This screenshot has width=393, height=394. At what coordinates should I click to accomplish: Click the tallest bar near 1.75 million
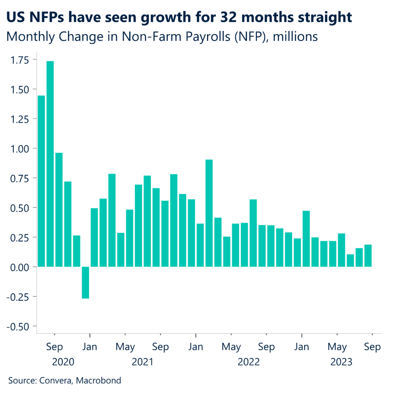pyautogui.click(x=50, y=164)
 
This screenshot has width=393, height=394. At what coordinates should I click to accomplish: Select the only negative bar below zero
pyautogui.click(x=85, y=282)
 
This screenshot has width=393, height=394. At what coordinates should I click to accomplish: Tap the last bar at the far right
pyautogui.click(x=368, y=255)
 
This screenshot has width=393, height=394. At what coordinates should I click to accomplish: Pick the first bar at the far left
pyautogui.click(x=41, y=181)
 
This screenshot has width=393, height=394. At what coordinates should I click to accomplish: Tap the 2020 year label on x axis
pyautogui.click(x=63, y=362)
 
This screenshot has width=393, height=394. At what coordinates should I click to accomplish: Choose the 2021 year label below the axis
pyautogui.click(x=143, y=362)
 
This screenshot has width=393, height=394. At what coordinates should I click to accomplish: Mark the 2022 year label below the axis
pyautogui.click(x=249, y=362)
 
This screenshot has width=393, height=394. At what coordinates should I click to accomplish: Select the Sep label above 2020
pyautogui.click(x=54, y=347)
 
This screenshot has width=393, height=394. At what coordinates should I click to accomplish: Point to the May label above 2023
pyautogui.click(x=337, y=347)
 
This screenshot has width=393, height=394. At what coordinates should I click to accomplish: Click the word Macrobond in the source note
pyautogui.click(x=98, y=381)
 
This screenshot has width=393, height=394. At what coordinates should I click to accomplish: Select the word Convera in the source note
pyautogui.click(x=55, y=381)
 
